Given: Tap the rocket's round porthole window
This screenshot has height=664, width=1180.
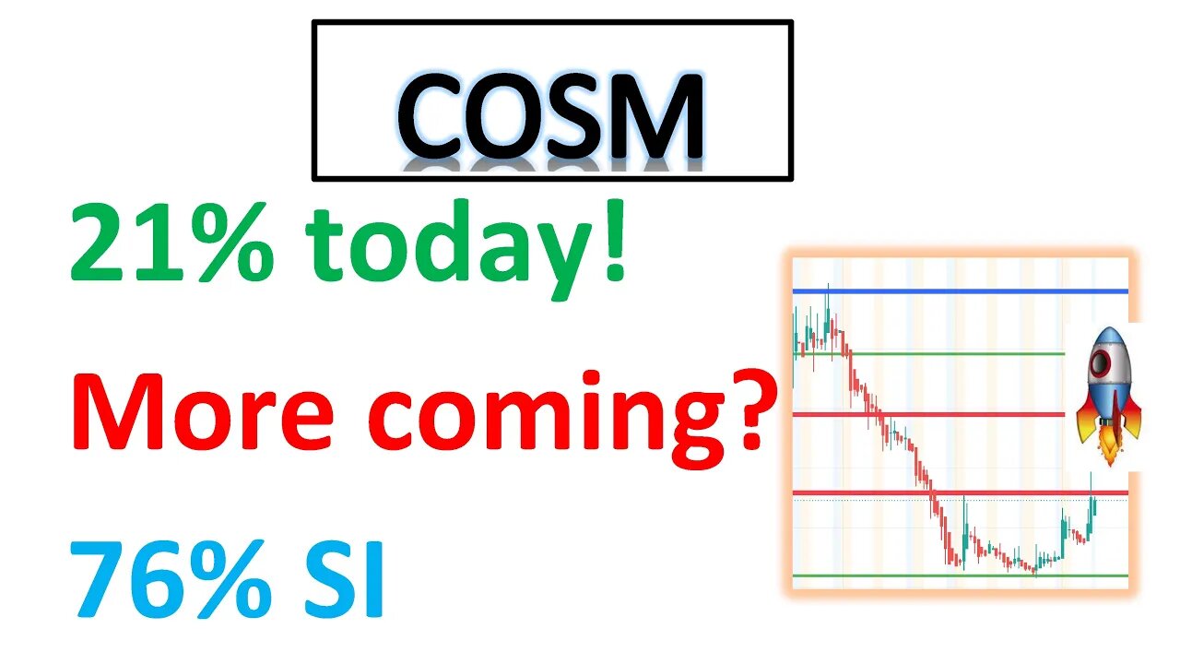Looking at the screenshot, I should click(x=1101, y=363).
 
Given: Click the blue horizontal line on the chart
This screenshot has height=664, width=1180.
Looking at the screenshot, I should click(x=959, y=291).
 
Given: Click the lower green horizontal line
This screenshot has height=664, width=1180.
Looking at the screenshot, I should click(x=959, y=576).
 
